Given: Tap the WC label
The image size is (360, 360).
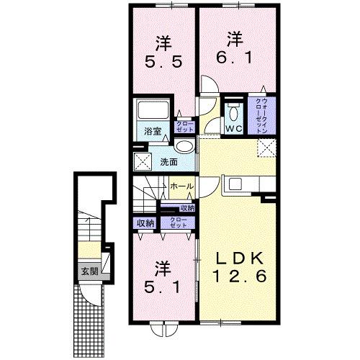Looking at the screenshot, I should (x=233, y=128).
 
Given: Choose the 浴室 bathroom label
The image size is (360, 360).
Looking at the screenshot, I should (x=151, y=131).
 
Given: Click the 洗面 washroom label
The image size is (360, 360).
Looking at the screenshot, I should (x=169, y=162).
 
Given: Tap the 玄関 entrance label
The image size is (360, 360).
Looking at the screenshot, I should (x=89, y=271).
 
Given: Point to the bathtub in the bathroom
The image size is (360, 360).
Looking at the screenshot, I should (x=152, y=112).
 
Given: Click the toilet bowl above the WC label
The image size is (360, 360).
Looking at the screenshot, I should (x=233, y=112).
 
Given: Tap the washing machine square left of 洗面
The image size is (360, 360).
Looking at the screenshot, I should (x=142, y=161).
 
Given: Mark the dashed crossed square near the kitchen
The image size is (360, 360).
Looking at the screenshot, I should (x=267, y=149).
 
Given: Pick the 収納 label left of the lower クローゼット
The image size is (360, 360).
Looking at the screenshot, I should (x=145, y=223).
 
